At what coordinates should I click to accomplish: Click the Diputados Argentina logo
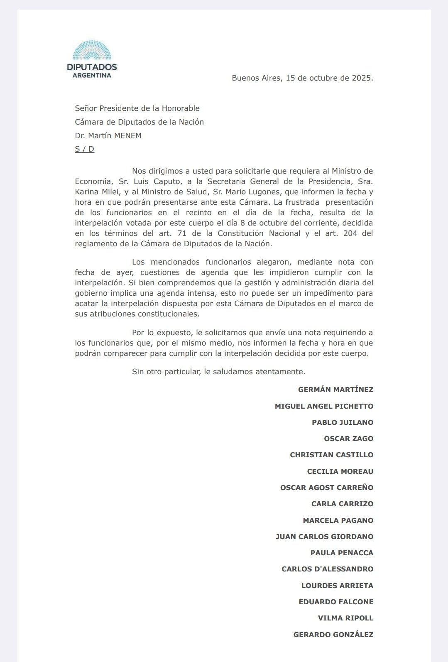click(x=92, y=59)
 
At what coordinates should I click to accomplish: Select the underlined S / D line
click(x=85, y=149)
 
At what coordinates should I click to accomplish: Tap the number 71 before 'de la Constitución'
click(x=181, y=233)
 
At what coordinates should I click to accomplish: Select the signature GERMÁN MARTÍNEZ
click(x=335, y=390)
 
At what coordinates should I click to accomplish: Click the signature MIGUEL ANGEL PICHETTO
click(x=324, y=406)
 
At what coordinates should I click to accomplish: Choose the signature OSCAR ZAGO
click(x=348, y=439)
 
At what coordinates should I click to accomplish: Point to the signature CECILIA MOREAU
click(x=340, y=471)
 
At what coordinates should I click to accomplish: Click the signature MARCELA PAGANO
click(x=338, y=520)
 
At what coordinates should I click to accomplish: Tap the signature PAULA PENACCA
click(x=342, y=553)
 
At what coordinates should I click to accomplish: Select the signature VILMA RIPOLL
click(x=345, y=618)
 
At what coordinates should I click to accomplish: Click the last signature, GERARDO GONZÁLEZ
click(x=333, y=635)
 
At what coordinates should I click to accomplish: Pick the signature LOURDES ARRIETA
click(x=337, y=586)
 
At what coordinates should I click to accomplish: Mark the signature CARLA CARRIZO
click(x=342, y=504)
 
